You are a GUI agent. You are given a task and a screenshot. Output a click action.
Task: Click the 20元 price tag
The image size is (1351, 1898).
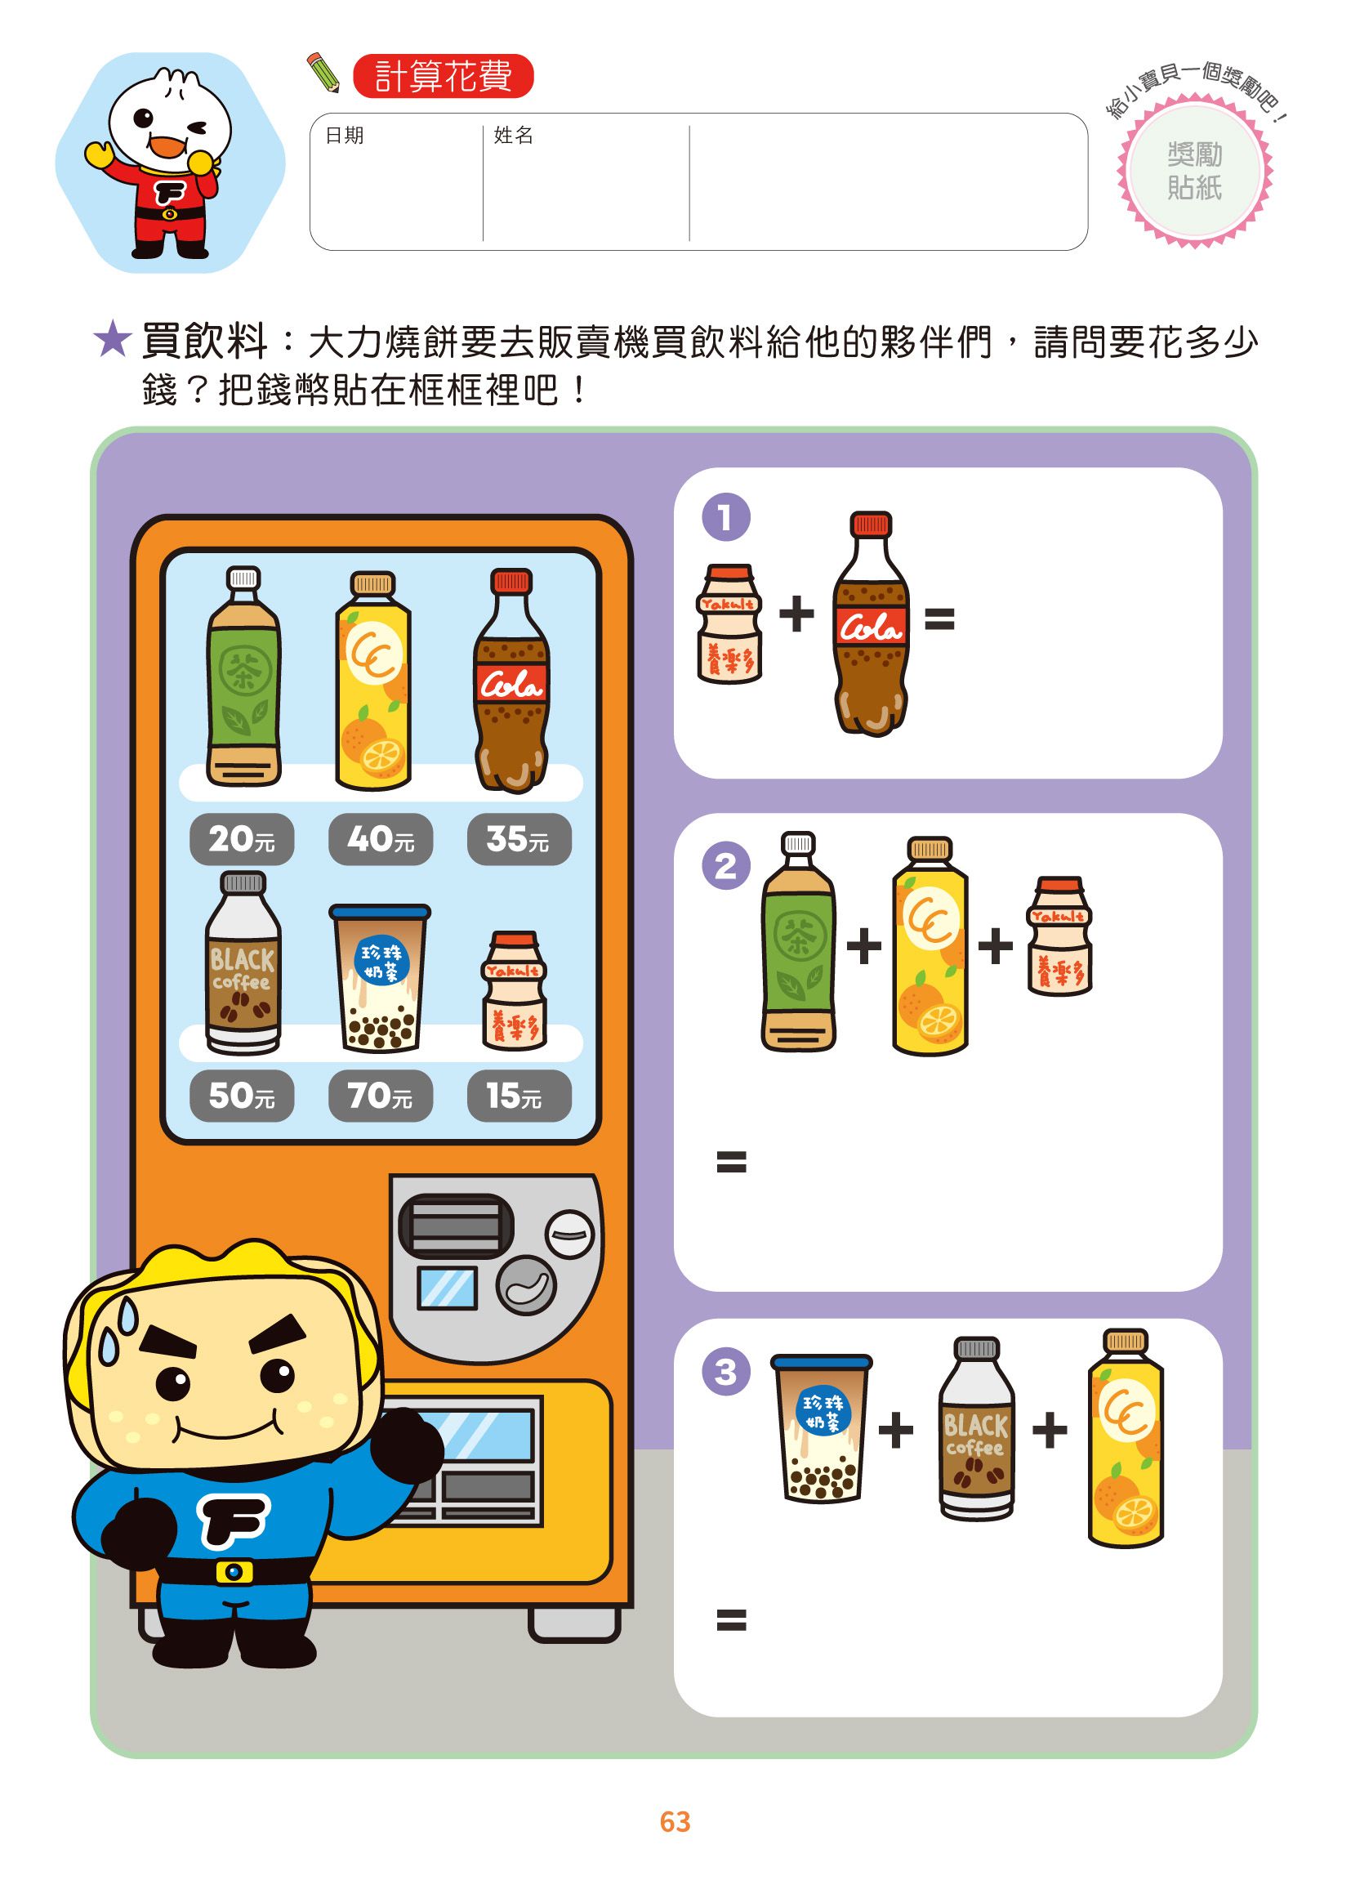[241, 839]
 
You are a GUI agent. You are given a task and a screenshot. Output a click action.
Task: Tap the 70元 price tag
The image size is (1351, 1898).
[380, 1096]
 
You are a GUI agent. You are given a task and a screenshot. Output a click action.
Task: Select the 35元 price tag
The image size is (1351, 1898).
[519, 839]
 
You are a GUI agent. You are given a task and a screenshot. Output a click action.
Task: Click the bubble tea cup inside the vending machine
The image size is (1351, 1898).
[380, 979]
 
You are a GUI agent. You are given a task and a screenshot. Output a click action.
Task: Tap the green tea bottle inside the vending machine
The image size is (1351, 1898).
[243, 678]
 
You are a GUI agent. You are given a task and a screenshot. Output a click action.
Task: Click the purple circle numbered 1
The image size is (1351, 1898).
[725, 516]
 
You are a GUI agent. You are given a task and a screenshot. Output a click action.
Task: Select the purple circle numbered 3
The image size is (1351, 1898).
[725, 1371]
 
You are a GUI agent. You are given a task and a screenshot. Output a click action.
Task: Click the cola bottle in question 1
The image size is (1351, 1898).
[870, 624]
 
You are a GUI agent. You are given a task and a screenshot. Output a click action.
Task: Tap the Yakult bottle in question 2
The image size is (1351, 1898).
[1058, 936]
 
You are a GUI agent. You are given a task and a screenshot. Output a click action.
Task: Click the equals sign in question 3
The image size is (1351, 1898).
[731, 1620]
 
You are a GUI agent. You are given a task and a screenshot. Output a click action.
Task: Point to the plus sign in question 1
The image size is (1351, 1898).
[796, 614]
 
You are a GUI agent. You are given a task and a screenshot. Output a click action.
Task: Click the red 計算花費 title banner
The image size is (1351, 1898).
[443, 77]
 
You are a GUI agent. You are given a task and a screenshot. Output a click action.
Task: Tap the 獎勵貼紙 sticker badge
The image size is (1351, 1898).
[1195, 172]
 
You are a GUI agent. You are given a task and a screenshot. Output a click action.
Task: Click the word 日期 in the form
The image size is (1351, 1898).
[345, 135]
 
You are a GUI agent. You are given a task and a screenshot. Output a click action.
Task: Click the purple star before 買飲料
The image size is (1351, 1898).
[112, 341]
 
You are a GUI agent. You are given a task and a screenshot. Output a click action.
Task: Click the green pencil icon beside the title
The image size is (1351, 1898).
[323, 73]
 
